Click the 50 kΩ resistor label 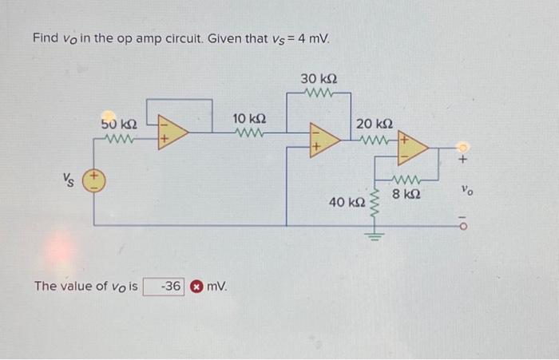coord(120,125)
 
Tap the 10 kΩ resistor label coord(249,119)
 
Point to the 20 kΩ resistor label coord(374,125)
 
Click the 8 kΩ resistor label coord(408,193)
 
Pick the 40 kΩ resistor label coord(346,203)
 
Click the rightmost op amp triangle coord(413,148)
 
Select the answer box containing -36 coord(165,286)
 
